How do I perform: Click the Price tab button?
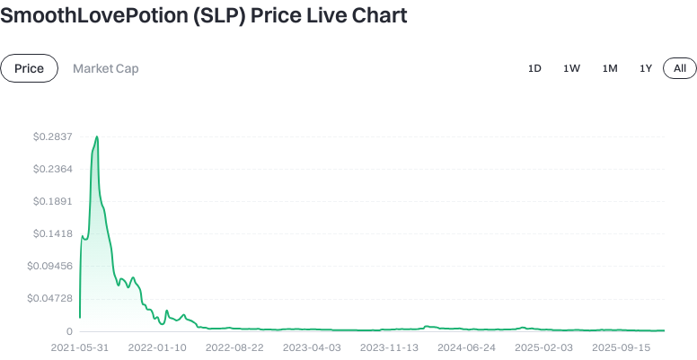coord(30,68)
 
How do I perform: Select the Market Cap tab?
coord(105,68)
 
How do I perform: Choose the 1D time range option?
coord(534,68)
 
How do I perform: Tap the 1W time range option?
coord(571,68)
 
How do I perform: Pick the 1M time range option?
coord(609,68)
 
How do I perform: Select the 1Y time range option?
coord(645,68)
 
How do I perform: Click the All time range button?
coord(679,68)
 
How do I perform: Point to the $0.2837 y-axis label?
coord(53,136)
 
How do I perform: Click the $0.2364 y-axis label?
coord(53,169)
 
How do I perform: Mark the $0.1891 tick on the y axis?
coord(53,201)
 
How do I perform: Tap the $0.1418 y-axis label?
coord(53,233)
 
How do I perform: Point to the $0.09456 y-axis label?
coord(49,266)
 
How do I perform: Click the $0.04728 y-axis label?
coord(49,298)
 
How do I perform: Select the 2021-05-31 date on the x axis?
coord(80,347)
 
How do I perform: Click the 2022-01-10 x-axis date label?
coord(157,347)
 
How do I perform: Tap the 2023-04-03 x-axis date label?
coord(312,347)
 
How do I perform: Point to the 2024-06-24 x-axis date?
coord(466,347)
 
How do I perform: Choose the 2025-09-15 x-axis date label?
coord(621,347)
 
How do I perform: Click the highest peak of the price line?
coord(96,137)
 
